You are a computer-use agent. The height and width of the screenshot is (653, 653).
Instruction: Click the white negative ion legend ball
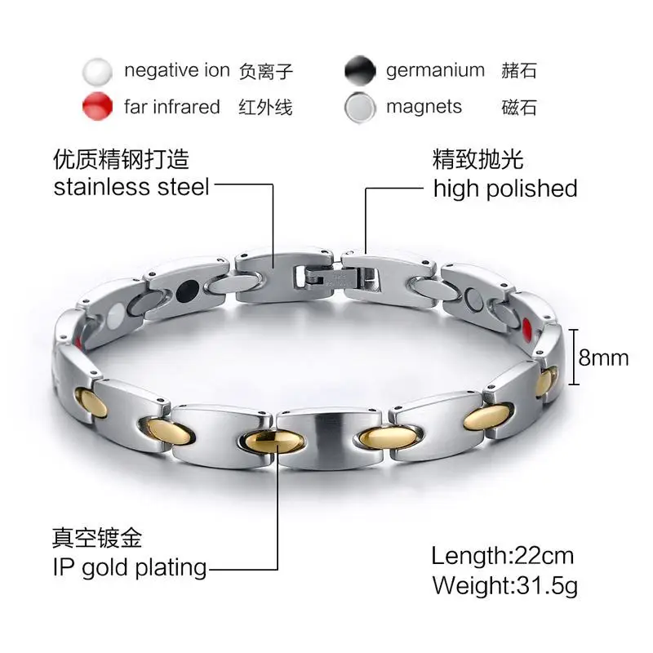coord(97,72)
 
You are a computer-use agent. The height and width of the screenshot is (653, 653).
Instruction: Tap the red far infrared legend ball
coord(97,108)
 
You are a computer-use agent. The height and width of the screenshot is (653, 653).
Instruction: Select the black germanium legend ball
coord(360,72)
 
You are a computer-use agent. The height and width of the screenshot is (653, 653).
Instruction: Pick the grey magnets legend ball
coord(360,108)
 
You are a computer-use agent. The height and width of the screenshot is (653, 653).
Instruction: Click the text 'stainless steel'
coord(131,187)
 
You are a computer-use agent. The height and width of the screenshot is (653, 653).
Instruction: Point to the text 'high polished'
coord(504,189)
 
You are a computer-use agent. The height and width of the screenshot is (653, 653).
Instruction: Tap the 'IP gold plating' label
coord(130,566)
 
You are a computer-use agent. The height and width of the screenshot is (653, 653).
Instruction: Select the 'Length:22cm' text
coord(502,557)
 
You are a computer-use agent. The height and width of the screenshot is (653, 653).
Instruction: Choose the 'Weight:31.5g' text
coord(504,585)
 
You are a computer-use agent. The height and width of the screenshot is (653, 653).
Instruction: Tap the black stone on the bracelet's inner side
coord(188,288)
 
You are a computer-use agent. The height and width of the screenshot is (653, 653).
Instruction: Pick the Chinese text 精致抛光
coord(478,158)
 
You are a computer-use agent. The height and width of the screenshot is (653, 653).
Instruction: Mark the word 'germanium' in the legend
coord(435,70)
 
